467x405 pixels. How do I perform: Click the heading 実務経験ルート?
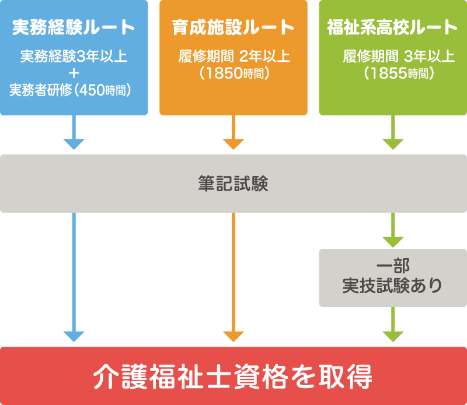pos(74,27)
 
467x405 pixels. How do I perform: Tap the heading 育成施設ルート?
pos(233,27)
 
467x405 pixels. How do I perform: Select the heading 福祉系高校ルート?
pos(392,27)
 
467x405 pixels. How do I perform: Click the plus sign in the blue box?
pos(74,73)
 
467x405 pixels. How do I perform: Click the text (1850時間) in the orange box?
pos(233,73)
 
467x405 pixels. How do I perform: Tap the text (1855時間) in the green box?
pos(399,73)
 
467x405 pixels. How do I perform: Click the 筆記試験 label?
pos(233,184)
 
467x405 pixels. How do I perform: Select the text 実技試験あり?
pos(393,286)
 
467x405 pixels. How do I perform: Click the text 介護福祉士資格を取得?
pos(233,376)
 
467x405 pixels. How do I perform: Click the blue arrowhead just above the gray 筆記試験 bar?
pos(74,144)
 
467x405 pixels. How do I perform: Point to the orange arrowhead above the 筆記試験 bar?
pos(233,144)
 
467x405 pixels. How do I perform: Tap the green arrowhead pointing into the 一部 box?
pos(393,241)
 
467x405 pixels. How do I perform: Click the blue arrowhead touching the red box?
pos(74,336)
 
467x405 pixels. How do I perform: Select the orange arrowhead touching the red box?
pos(233,336)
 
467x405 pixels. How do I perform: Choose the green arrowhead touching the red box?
pos(393,336)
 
